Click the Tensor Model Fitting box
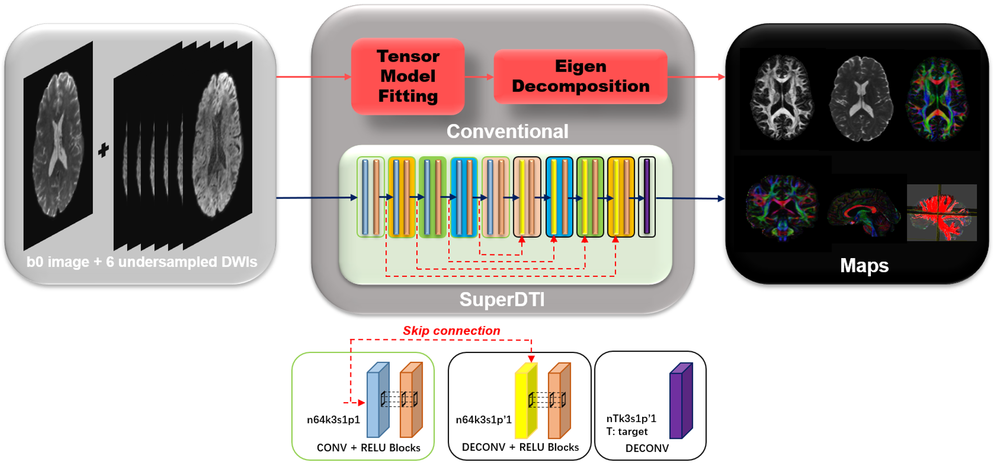click(x=407, y=76)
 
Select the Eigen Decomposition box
click(x=580, y=76)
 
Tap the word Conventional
click(x=507, y=131)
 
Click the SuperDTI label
click(x=502, y=299)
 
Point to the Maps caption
click(x=864, y=265)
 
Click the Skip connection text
click(x=451, y=331)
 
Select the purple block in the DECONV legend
click(x=681, y=401)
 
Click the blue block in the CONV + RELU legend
click(x=378, y=401)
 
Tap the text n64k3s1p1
click(x=333, y=420)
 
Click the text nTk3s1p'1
click(x=631, y=418)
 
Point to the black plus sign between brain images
click(x=103, y=150)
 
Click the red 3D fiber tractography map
click(x=942, y=212)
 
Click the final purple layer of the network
click(x=647, y=197)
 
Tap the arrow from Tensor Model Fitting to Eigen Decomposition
click(x=479, y=77)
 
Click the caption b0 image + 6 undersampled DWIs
click(x=141, y=262)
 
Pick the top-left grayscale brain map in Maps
click(x=782, y=98)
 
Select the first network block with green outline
click(x=371, y=197)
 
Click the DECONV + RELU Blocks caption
click(x=520, y=448)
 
